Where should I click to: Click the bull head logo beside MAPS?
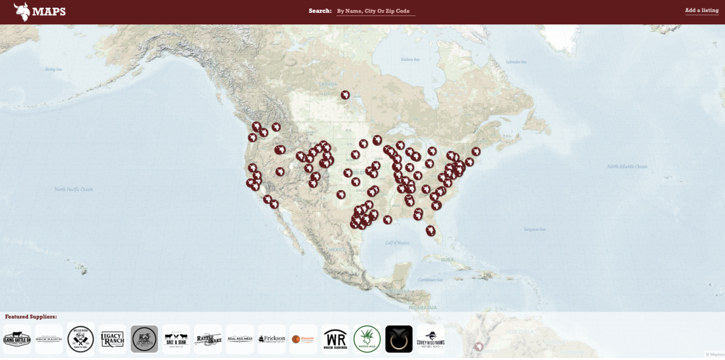pyautogui.click(x=22, y=11)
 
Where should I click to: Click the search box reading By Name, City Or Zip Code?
pyautogui.click(x=376, y=11)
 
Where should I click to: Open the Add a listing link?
pyautogui.click(x=701, y=11)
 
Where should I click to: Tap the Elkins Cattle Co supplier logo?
pyautogui.click(x=17, y=339)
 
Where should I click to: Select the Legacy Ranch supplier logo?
pyautogui.click(x=112, y=339)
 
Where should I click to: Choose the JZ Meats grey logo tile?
pyautogui.click(x=144, y=339)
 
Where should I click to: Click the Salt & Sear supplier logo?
pyautogui.click(x=176, y=339)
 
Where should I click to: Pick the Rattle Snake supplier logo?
pyautogui.click(x=208, y=339)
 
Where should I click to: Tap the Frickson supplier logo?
pyautogui.click(x=271, y=339)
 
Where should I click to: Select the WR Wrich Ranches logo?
pyautogui.click(x=335, y=339)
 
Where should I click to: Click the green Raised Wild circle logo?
pyautogui.click(x=367, y=339)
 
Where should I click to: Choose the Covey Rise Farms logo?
pyautogui.click(x=430, y=339)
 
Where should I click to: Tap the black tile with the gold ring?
pyautogui.click(x=399, y=339)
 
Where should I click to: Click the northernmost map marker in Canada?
pyautogui.click(x=345, y=95)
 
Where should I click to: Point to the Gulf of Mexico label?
pyautogui.click(x=397, y=243)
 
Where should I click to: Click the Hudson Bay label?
pyautogui.click(x=410, y=59)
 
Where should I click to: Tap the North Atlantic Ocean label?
pyautogui.click(x=627, y=167)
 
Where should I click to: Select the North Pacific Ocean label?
pyautogui.click(x=74, y=190)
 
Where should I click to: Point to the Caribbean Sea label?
pyautogui.click(x=430, y=280)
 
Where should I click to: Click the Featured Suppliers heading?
pyautogui.click(x=31, y=317)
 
